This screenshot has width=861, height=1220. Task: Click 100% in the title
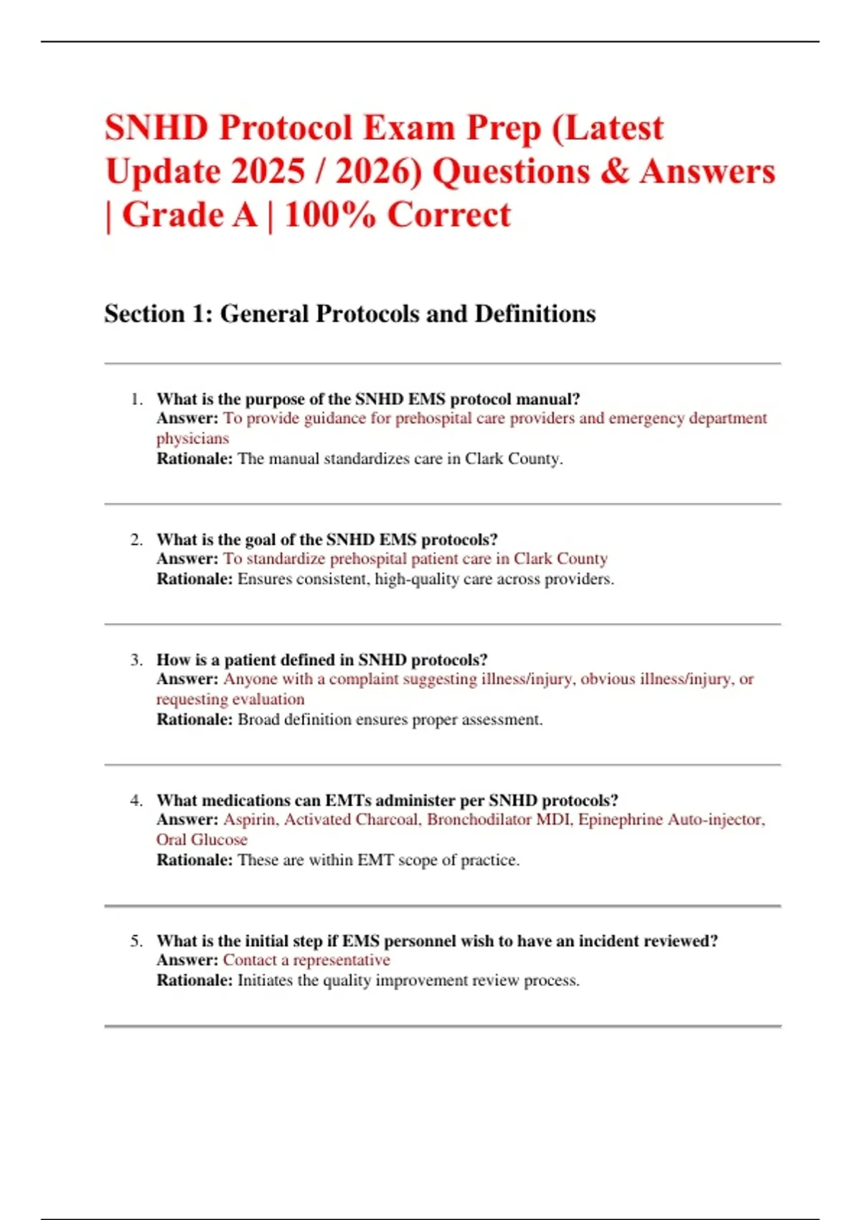[x=329, y=215]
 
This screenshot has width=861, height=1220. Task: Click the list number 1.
[x=136, y=399]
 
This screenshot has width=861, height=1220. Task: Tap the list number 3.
[x=136, y=660]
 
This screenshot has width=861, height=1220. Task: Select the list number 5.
[x=136, y=941]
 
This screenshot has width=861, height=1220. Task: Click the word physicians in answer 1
[x=193, y=438]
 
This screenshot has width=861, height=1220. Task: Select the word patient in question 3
[x=250, y=660]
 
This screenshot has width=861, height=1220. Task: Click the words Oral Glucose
[x=202, y=840]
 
